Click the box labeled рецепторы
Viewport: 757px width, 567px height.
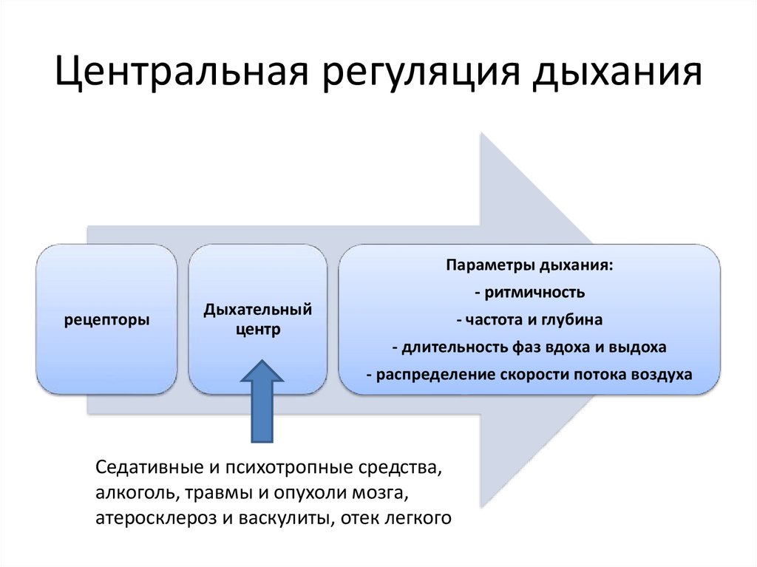tap(107, 320)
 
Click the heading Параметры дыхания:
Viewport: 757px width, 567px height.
tap(529, 265)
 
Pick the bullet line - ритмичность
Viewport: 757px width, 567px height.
tap(529, 292)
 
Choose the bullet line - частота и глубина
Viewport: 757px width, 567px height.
tap(529, 320)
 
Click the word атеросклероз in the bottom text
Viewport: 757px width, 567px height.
tap(152, 518)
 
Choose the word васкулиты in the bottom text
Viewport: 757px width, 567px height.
tap(283, 518)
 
